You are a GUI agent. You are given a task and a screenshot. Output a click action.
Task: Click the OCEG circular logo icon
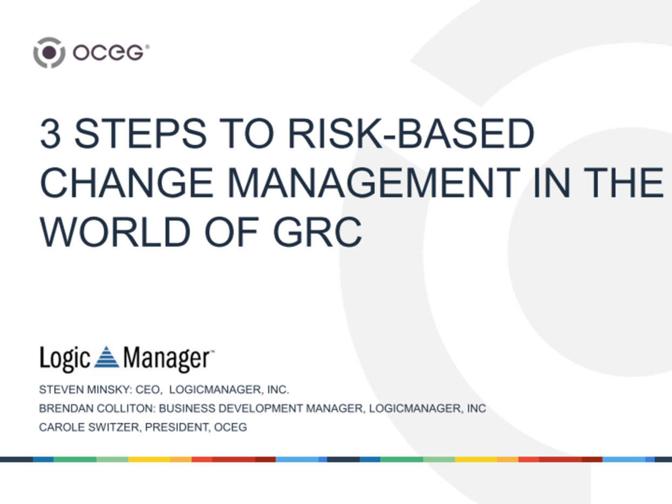point(49,52)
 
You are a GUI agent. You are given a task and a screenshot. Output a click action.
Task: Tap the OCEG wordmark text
point(110,52)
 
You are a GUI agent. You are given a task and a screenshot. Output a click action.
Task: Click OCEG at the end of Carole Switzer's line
point(230,427)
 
